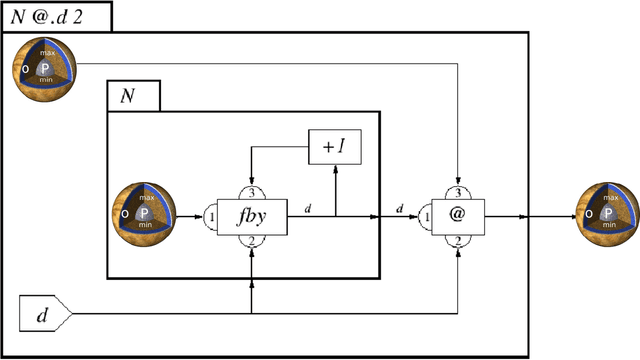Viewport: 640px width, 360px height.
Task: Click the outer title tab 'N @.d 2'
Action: point(55,15)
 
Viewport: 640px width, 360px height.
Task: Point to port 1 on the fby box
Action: point(211,215)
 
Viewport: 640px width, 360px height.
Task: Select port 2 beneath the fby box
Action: point(251,241)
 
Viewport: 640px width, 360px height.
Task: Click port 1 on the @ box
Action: point(424,215)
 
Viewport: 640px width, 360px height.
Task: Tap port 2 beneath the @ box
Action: point(456,241)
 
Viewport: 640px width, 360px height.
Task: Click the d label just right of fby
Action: point(307,207)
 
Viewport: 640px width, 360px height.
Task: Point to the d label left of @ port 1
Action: point(401,207)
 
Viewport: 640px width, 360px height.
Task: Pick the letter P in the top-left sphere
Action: point(45,69)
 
